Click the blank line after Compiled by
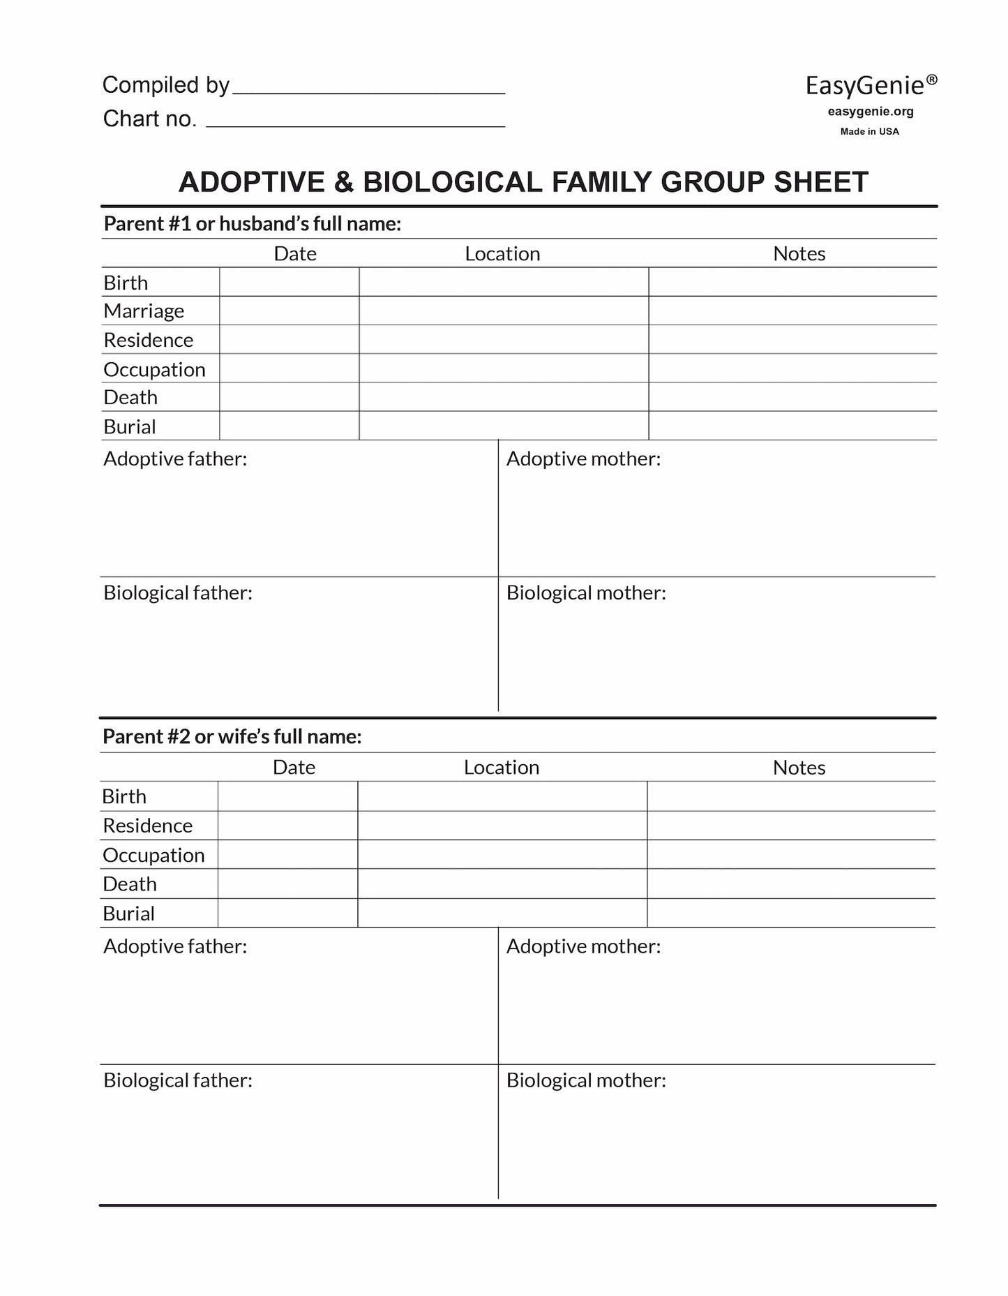point(368,87)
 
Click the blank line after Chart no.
point(356,120)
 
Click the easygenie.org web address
point(871,112)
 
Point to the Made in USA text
point(869,131)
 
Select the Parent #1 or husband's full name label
point(252,223)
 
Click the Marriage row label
point(144,311)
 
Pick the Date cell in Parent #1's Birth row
point(289,282)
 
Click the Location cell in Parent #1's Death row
point(504,396)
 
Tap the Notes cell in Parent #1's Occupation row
point(792,368)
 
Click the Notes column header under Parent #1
point(799,253)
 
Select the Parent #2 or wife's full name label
point(232,736)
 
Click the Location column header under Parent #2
point(502,767)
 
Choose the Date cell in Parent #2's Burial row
point(287,913)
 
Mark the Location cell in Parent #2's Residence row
point(502,825)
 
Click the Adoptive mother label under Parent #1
point(583,459)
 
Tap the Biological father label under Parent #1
point(178,593)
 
